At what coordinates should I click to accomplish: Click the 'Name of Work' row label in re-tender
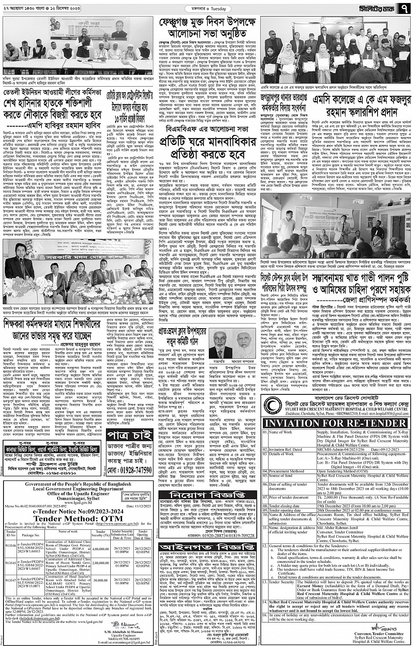coord(281,432)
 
